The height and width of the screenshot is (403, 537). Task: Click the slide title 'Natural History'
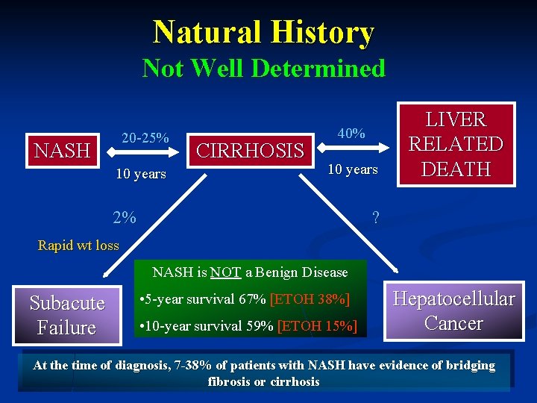pos(263,33)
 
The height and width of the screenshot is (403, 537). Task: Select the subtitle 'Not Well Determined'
pos(263,69)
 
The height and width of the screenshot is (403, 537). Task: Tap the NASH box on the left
pos(63,150)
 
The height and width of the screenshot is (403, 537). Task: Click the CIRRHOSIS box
pos(250,151)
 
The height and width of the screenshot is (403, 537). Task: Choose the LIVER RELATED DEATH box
pos(455,144)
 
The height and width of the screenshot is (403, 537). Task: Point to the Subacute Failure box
pos(67,315)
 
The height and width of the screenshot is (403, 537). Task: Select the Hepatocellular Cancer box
pos(453,311)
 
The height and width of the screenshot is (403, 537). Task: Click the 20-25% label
pos(145,138)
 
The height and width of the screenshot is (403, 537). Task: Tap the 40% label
pos(351,134)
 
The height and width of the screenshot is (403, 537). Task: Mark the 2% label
pos(125,218)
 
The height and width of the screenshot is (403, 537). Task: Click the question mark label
pos(376,218)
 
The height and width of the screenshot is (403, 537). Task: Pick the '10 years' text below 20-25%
pos(141,174)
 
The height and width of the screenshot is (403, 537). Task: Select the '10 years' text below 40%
pos(353,169)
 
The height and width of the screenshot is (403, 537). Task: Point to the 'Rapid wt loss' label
pos(78,246)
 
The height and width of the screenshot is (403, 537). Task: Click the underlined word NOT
pos(224,272)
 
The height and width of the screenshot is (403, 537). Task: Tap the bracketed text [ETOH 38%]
pos(309,300)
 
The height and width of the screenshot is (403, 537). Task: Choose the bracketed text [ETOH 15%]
pos(317,326)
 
